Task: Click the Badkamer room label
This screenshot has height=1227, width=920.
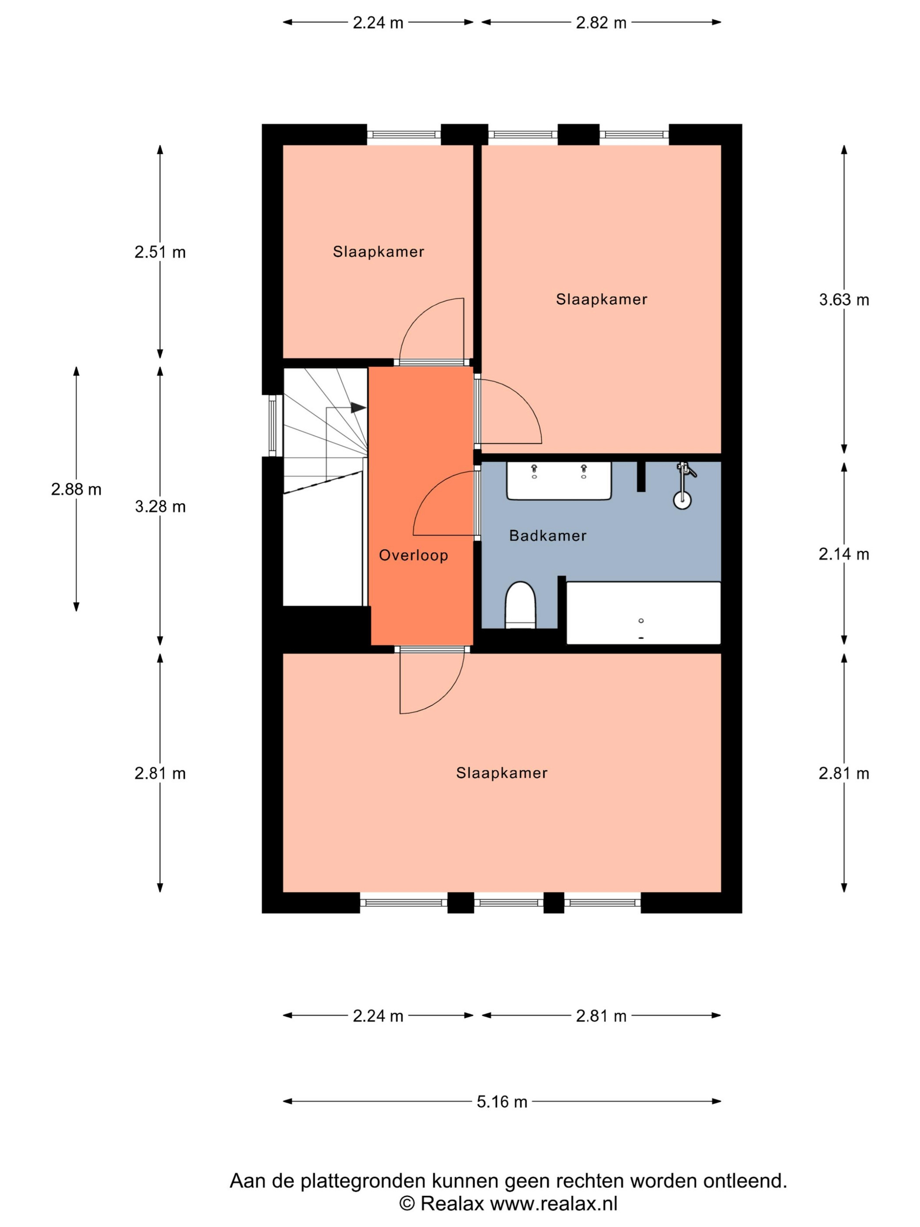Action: click(x=547, y=535)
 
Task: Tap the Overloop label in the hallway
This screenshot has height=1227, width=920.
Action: click(x=413, y=555)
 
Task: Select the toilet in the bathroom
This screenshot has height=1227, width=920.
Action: click(x=520, y=605)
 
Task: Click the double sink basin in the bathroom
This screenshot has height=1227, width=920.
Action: click(x=559, y=480)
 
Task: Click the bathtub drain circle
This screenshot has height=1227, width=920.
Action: click(x=641, y=621)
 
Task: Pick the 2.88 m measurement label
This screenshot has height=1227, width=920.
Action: click(x=76, y=489)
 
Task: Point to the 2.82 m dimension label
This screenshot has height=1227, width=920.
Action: click(x=601, y=23)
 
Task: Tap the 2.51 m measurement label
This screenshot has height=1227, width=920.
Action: click(x=160, y=252)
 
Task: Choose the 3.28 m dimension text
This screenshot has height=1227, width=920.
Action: click(x=160, y=507)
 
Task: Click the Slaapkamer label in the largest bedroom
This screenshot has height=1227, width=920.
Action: click(x=502, y=773)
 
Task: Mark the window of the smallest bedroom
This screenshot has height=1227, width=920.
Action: click(x=404, y=134)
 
